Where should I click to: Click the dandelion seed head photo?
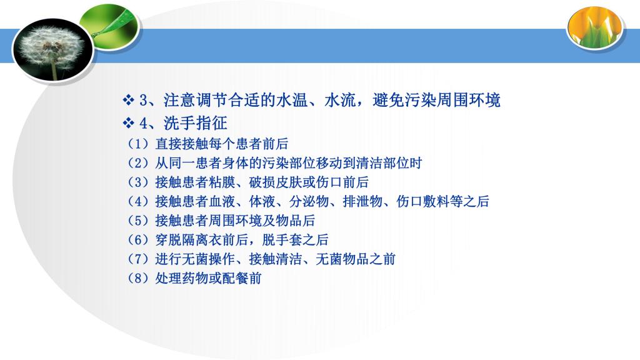[54, 49]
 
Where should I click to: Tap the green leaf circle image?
[109, 27]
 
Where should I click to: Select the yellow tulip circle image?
[595, 27]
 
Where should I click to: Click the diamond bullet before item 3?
[129, 100]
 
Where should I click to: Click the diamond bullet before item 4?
[129, 122]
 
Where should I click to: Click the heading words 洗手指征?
[196, 123]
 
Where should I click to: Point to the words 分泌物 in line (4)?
[309, 201]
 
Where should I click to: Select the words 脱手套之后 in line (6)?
[296, 239]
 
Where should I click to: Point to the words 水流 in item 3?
[340, 100]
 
